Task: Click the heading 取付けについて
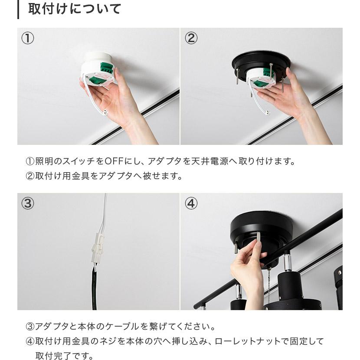tap(75, 9)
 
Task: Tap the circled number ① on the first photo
tap(27, 38)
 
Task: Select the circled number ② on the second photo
tap(191, 38)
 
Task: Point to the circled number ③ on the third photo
tap(27, 203)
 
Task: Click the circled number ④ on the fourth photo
tap(191, 203)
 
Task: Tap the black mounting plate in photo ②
tap(260, 61)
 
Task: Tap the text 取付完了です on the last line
tap(64, 356)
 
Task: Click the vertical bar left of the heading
tap(18, 9)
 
